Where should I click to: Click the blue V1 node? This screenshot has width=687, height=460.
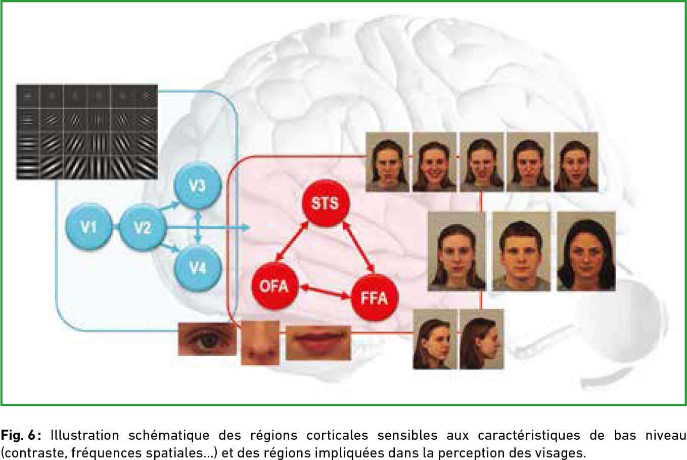point(89,227)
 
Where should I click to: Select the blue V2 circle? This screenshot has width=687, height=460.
point(143,227)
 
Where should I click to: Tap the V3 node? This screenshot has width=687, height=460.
point(198,186)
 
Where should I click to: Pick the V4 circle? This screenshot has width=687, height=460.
point(198,268)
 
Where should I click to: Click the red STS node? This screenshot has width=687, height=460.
point(326,202)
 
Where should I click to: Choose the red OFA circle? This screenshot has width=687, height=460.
point(275,286)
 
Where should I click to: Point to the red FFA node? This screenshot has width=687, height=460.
point(375,298)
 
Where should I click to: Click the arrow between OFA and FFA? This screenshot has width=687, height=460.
point(325,292)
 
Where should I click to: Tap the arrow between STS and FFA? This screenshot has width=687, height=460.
point(358,247)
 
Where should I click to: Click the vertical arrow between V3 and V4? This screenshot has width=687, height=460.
point(199,227)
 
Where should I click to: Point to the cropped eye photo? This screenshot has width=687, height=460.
point(207,339)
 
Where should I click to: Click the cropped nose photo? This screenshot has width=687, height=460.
point(260,343)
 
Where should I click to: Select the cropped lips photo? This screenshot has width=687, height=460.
point(318,343)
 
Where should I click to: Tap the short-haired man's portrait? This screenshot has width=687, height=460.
point(521,251)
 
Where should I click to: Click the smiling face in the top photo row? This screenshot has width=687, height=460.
point(434,162)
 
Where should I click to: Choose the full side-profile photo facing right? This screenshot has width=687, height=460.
point(482,339)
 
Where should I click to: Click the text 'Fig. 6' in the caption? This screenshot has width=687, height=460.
point(18,435)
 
